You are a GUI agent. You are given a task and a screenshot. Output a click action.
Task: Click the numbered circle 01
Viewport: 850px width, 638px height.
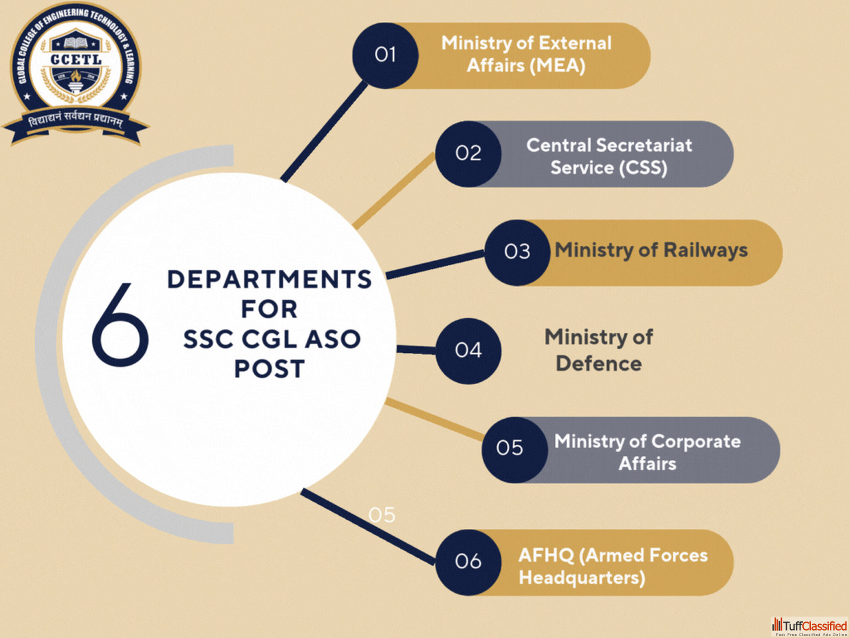(x=385, y=55)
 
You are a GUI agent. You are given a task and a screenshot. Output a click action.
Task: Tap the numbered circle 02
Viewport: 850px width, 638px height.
(x=468, y=154)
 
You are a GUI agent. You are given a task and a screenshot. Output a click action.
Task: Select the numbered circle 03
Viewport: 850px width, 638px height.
(x=517, y=253)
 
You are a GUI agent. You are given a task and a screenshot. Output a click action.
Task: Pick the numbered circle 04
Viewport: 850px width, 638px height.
(x=468, y=350)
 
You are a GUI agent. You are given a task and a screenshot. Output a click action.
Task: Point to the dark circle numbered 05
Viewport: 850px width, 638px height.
(x=510, y=449)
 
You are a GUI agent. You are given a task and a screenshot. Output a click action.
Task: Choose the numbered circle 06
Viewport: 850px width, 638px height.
(x=468, y=562)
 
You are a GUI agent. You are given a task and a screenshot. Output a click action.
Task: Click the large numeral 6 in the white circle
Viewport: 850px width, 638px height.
(x=120, y=324)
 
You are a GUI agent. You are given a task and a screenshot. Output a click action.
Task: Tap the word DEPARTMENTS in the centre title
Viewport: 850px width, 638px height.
(x=269, y=279)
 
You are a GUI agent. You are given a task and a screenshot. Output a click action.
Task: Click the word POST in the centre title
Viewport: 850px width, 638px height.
(x=269, y=369)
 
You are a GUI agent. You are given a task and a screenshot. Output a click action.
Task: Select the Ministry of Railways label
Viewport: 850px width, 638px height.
(x=651, y=251)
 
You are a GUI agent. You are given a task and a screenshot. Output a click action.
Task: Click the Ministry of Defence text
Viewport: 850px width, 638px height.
(x=599, y=350)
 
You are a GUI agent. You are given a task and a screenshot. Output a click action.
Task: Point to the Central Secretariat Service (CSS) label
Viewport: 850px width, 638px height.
(x=609, y=156)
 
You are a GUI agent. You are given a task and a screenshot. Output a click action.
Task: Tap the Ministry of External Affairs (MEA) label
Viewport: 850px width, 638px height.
(x=526, y=54)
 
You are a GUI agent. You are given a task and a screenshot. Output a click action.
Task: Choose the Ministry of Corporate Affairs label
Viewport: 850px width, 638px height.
(x=647, y=452)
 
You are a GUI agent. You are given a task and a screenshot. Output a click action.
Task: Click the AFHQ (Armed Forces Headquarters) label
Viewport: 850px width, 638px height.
(x=612, y=566)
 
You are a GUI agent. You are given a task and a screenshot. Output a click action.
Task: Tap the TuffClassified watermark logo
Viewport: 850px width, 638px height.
(x=809, y=626)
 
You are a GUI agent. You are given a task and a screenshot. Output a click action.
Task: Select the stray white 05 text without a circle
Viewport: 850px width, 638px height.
(x=382, y=515)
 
